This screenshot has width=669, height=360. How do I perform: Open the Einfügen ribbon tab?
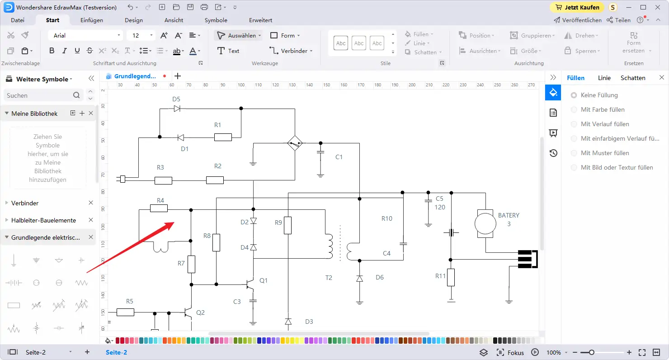(92, 20)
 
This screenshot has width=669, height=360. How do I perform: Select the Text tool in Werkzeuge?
(228, 51)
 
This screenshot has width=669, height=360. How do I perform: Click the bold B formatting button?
(52, 51)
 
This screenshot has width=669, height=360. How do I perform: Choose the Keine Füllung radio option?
(574, 95)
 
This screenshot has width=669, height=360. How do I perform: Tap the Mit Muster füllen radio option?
(574, 153)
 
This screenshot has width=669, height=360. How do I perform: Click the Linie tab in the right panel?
(604, 78)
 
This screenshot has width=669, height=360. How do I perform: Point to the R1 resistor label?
(217, 125)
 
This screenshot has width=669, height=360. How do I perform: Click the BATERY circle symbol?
(485, 224)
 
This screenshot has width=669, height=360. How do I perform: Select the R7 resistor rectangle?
(192, 264)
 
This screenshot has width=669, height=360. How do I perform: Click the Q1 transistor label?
(264, 280)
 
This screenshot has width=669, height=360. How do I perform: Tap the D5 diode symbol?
(177, 109)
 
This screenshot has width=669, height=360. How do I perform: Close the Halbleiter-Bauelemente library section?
(91, 220)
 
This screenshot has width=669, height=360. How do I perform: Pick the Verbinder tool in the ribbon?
(291, 51)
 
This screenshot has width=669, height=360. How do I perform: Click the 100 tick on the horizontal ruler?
(241, 85)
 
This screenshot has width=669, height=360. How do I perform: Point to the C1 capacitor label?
(339, 157)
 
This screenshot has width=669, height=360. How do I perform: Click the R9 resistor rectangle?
(287, 225)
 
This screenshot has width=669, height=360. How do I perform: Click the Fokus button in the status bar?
(510, 352)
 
